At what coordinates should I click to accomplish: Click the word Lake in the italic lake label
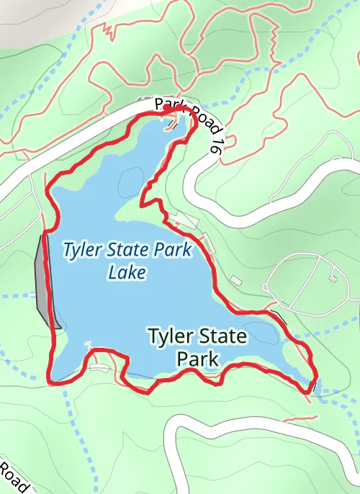click(127, 272)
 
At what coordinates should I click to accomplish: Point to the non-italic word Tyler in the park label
click(171, 336)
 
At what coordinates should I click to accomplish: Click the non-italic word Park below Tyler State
click(197, 358)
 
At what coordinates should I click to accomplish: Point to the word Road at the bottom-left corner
click(12, 477)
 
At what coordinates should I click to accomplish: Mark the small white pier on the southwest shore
click(89, 343)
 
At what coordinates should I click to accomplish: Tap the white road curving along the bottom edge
click(238, 432)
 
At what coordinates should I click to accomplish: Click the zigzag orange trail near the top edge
click(109, 30)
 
